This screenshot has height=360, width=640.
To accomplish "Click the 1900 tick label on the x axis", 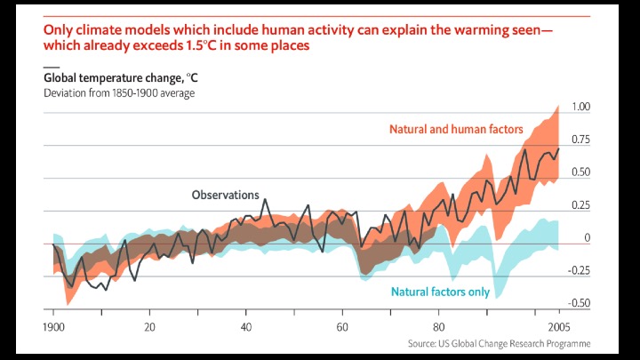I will click(x=53, y=327).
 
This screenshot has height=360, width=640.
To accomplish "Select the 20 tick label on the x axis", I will click(x=148, y=327).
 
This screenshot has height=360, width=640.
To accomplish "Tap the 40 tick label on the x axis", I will click(x=246, y=327).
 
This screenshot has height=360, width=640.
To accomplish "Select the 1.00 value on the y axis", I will click(x=581, y=107).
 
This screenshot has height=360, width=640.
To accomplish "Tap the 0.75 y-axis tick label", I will click(x=581, y=140).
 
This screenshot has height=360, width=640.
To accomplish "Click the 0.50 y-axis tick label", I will click(x=581, y=172).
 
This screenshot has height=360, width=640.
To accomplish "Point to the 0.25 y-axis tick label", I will click(x=581, y=205).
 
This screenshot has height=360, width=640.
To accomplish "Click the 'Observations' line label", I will click(x=226, y=195).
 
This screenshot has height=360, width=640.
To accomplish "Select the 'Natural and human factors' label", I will click(x=456, y=129).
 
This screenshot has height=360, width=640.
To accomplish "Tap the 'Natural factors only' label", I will click(x=439, y=291).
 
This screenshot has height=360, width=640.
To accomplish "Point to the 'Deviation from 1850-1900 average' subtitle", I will click(x=119, y=92).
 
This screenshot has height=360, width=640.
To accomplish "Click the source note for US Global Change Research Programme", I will click(x=499, y=344).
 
